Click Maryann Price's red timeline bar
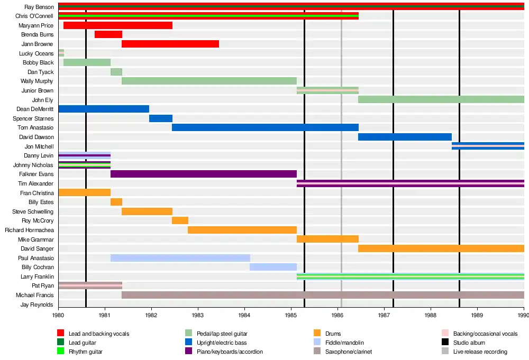pyautogui.click(x=117, y=25)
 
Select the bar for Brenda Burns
pyautogui.click(x=108, y=34)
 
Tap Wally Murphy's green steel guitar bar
pyautogui.click(x=209, y=81)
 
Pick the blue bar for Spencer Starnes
pyautogui.click(x=161, y=118)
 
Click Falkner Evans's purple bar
pyautogui.click(x=204, y=174)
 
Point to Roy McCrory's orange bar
pyautogui.click(x=180, y=220)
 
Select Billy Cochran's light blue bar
pyautogui.click(x=273, y=267)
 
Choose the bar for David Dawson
pyautogui.click(x=405, y=137)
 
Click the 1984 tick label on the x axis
pyautogui.click(x=244, y=316)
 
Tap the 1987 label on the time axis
pyautogui.click(x=384, y=316)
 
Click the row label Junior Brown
pyautogui.click(x=38, y=90)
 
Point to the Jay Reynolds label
pyautogui.click(x=37, y=304)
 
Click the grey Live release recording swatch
pyautogui.click(x=445, y=352)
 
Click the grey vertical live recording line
pyautogui.click(x=341, y=159)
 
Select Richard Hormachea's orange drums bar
pyautogui.click(x=242, y=230)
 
